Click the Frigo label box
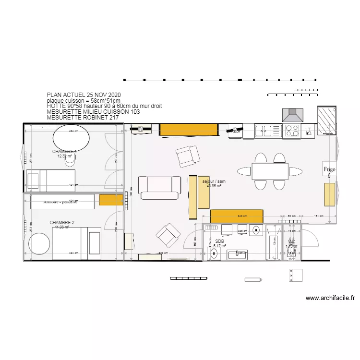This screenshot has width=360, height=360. pyautogui.click(x=329, y=169)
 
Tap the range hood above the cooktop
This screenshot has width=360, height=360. pyautogui.click(x=292, y=116)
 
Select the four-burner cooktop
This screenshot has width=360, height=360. pyautogui.click(x=292, y=130)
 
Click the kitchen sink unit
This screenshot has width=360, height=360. pyautogui.click(x=263, y=130)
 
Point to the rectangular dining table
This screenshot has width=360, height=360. pyautogui.click(x=270, y=171)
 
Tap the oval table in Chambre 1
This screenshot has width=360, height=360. pyautogui.click(x=71, y=138)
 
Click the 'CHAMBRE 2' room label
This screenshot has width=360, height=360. pyautogui.click(x=62, y=223)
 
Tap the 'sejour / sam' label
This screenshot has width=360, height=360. pyautogui.click(x=214, y=182)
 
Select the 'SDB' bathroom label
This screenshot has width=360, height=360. pyautogui.click(x=219, y=241)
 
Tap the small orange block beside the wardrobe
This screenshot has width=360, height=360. pyautogui.click(x=111, y=200)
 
